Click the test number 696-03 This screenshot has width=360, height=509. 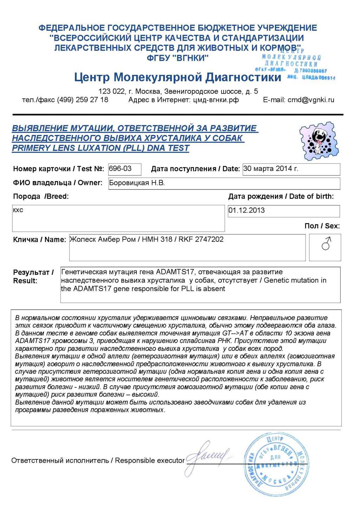point(120,169)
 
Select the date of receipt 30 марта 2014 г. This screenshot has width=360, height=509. point(270,169)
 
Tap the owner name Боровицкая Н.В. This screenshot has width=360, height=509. point(137,183)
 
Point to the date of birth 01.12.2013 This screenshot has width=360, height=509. point(246,211)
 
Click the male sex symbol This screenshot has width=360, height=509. point(326,244)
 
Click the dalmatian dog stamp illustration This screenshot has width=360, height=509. point(319,141)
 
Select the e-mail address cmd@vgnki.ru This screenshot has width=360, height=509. point(311,100)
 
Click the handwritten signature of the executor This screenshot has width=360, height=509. point(207,457)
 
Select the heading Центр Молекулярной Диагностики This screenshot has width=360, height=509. point(178,77)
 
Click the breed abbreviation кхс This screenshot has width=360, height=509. point(18,210)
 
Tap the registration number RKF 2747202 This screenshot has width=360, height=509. point(201,239)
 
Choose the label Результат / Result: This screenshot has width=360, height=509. point(33,276)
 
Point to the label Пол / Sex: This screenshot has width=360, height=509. point(322,226)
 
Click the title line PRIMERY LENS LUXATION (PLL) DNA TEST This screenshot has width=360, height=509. point(101,148)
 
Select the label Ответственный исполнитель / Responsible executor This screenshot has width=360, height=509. point(98,460)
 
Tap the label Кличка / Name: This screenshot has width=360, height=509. point(39,240)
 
